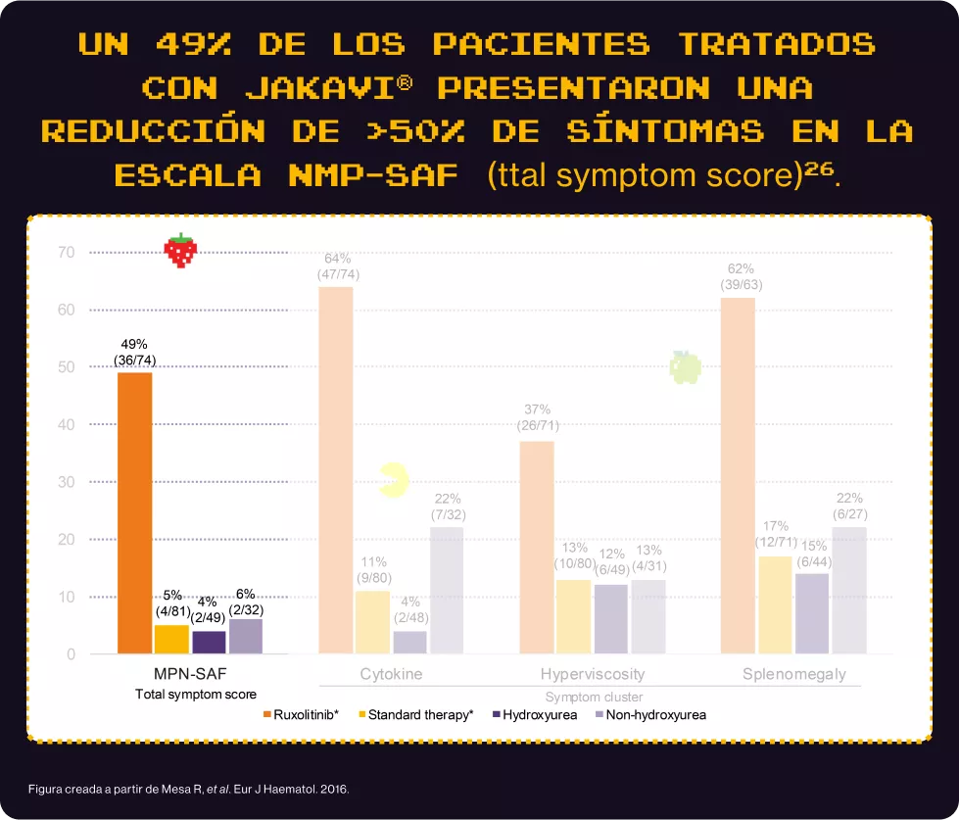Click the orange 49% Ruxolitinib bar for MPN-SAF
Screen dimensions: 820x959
134,512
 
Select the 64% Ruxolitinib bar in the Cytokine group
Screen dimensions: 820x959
336,470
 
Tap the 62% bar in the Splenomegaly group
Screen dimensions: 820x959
738,475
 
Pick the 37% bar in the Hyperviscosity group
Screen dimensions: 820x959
537,547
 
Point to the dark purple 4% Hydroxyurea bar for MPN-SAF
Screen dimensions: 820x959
209,642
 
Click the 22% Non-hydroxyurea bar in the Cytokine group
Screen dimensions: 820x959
447,590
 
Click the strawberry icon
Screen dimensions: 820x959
180,251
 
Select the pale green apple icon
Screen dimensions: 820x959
685,367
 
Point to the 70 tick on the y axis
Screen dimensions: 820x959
67,253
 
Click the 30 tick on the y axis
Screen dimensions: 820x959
67,482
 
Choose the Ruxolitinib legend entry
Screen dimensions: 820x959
301,715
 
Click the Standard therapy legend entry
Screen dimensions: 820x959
416,715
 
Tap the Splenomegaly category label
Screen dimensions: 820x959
793,674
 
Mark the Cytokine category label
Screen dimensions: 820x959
391,674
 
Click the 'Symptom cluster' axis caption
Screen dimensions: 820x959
594,697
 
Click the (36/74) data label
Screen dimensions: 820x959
134,361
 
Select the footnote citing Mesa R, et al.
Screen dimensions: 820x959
188,788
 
